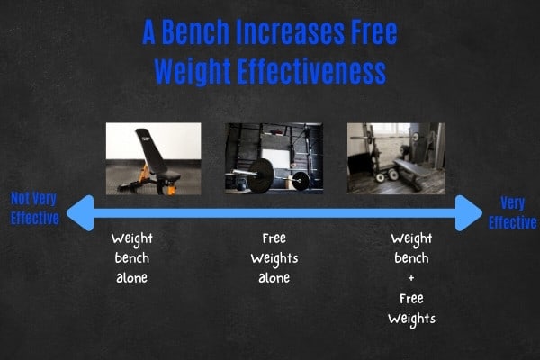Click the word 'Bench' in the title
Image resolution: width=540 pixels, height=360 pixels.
coord(195,32)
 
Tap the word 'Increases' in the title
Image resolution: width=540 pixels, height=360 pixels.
coord(290,32)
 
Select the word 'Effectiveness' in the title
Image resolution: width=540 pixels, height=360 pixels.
coord(311,72)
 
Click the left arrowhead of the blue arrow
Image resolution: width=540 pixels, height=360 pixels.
coord(80,213)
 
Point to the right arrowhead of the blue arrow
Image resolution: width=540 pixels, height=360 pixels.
coord(468,213)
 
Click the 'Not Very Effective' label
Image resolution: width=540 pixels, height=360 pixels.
coord(34,209)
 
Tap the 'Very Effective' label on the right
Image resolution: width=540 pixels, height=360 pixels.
coord(512,213)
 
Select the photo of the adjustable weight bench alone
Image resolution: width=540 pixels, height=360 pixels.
coord(154,158)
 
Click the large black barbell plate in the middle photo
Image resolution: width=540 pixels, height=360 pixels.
coord(261,175)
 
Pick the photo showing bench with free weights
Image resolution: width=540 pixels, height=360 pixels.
coord(396,158)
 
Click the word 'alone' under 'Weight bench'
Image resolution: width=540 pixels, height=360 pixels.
coord(132,278)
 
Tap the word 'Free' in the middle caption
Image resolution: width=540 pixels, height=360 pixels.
coord(274,238)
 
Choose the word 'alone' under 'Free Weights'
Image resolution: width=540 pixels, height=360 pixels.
coord(274,278)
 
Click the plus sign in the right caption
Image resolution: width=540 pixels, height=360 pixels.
coord(411,278)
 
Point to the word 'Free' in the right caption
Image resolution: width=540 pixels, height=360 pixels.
coord(411,298)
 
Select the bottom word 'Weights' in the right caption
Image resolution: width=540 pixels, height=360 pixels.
coord(411,319)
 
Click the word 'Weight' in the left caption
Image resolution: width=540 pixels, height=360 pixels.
coord(132,239)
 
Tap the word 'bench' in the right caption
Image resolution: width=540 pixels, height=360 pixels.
coord(411,258)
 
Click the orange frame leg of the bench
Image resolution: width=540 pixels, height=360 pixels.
coord(171,189)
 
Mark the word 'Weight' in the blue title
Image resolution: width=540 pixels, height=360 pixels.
coord(193,72)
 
